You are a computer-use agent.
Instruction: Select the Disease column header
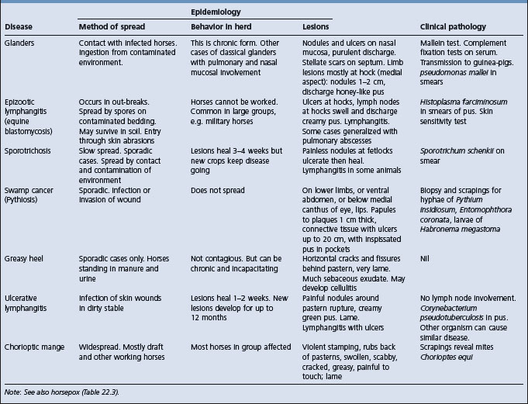tap(21, 26)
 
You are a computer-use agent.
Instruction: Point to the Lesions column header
tap(319, 26)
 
